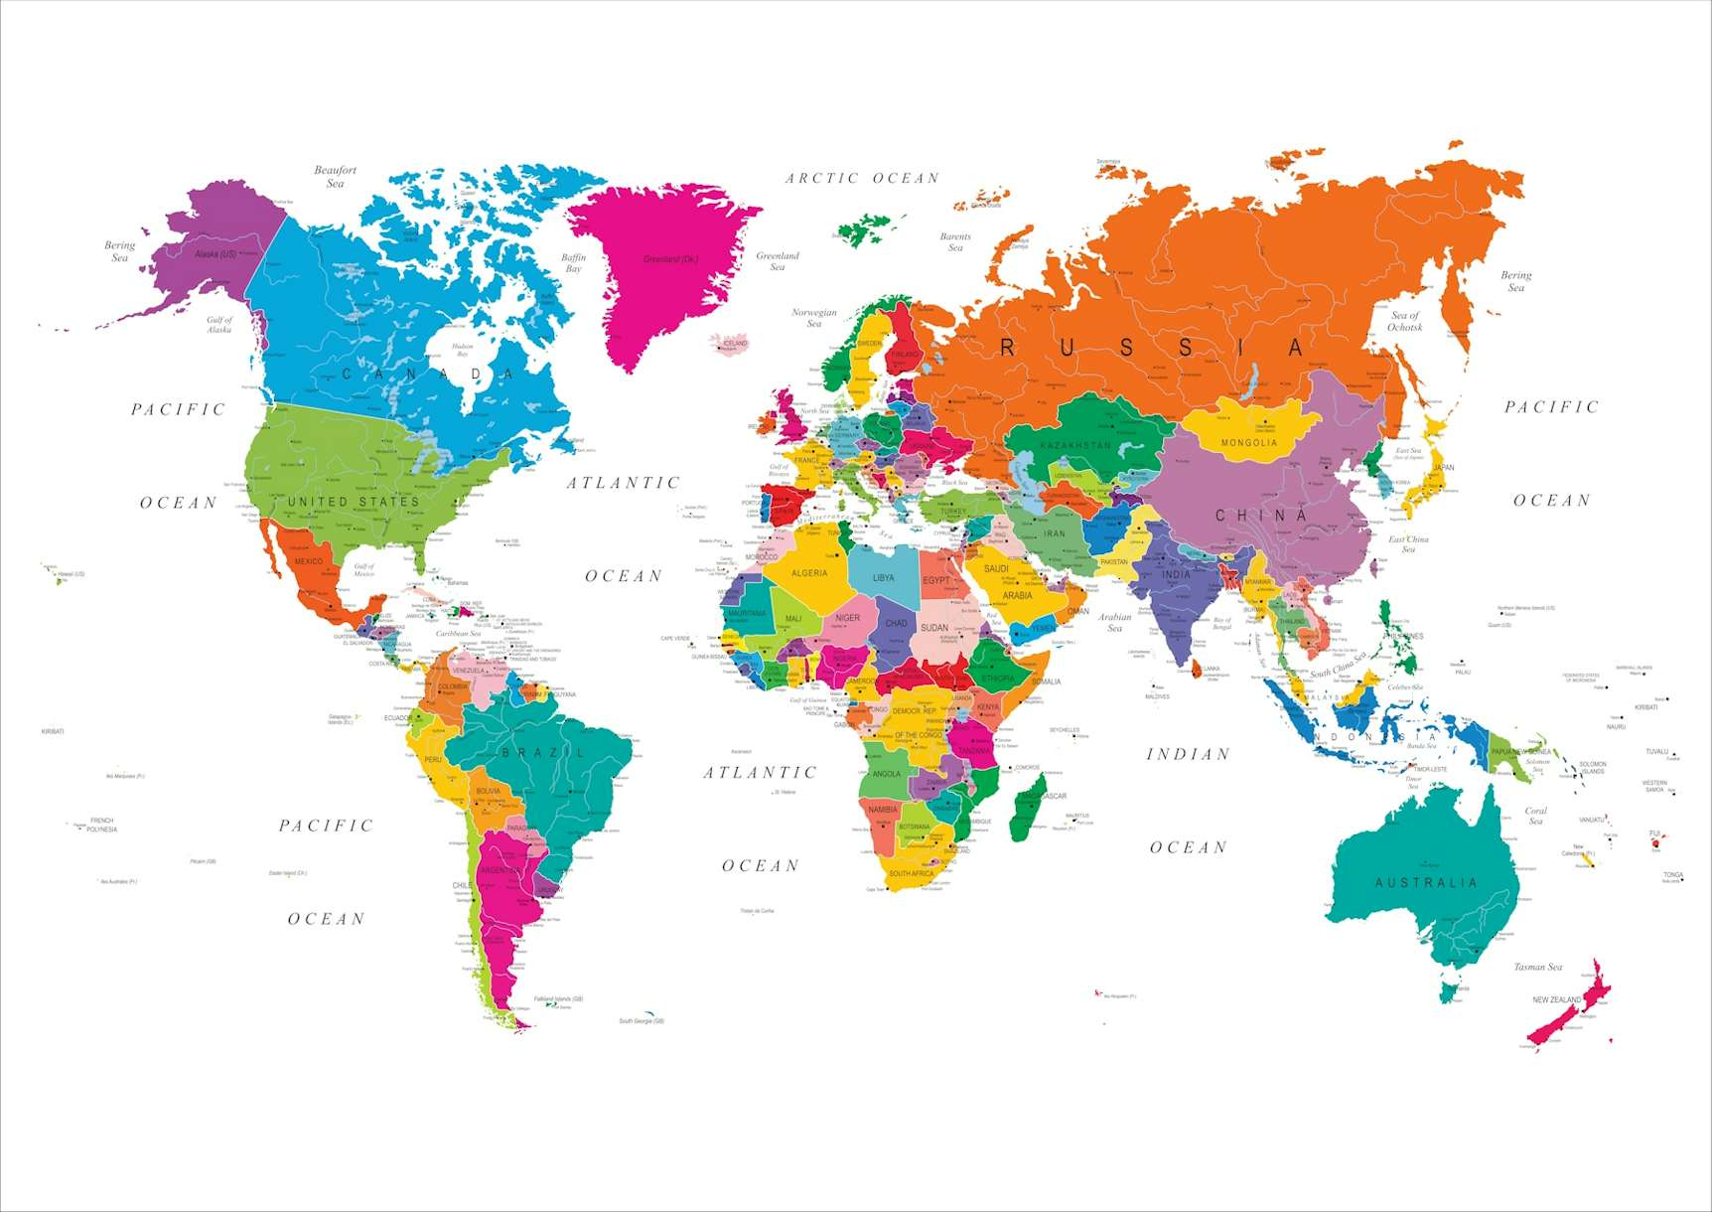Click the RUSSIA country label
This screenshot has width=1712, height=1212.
(1151, 348)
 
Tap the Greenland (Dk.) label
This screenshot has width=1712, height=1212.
(670, 259)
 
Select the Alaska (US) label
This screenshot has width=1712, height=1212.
(215, 254)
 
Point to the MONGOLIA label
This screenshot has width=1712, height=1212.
(1249, 443)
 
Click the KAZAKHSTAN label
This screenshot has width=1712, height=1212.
(1075, 446)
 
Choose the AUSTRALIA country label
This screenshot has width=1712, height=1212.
(1426, 882)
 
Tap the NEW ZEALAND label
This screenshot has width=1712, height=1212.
(1556, 999)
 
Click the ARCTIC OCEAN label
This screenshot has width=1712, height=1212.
(862, 179)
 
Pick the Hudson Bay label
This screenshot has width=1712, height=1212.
(462, 350)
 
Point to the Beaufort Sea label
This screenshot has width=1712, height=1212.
(335, 177)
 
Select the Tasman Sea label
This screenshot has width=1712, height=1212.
(1537, 967)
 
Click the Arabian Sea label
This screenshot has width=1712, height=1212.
(1114, 622)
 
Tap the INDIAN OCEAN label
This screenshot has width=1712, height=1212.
(1188, 800)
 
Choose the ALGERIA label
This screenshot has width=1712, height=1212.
(809, 573)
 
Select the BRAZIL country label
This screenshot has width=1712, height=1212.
(544, 752)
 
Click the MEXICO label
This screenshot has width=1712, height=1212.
(308, 561)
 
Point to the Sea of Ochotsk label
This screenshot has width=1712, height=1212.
(1404, 321)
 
